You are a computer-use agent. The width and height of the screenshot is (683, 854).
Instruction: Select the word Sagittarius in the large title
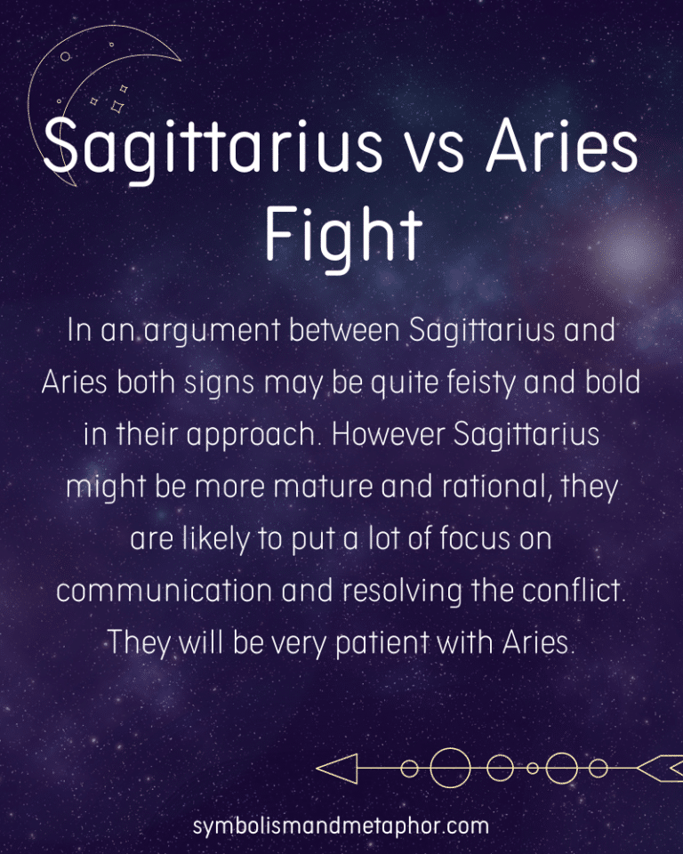tap(222, 151)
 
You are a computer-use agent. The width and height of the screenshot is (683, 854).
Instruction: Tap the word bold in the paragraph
tap(615, 383)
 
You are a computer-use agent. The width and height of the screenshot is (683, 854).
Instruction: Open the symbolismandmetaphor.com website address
tap(341, 826)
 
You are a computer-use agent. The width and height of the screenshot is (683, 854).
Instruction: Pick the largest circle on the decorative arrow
tap(451, 767)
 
